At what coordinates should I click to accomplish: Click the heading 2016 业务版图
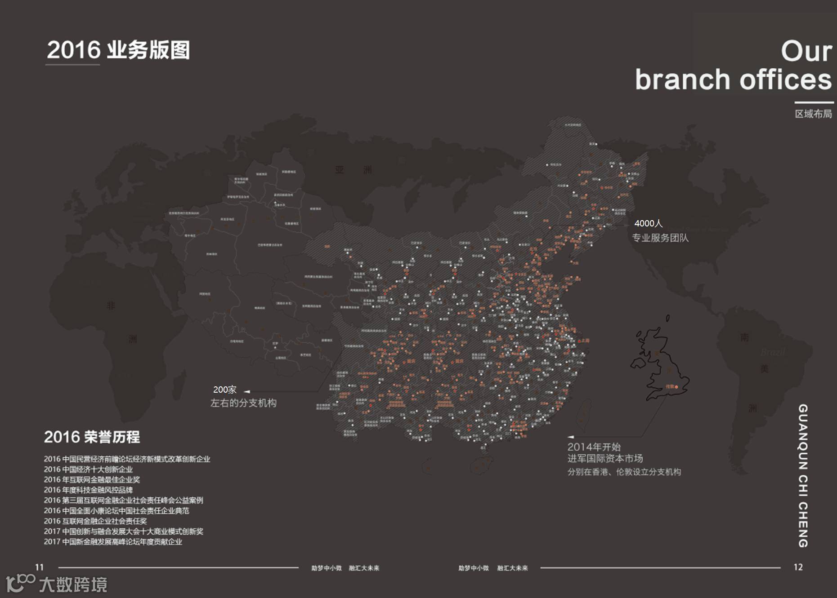[118, 50]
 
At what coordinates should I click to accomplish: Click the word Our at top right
[806, 51]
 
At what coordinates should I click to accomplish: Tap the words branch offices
[733, 80]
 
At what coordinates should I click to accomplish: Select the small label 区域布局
[813, 114]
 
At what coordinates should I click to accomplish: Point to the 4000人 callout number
[648, 223]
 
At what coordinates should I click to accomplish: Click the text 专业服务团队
[660, 238]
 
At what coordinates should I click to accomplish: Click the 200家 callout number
[224, 390]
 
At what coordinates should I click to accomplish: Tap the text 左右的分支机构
[243, 403]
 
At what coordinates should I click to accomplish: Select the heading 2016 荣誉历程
[92, 437]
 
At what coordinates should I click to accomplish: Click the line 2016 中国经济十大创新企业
[88, 470]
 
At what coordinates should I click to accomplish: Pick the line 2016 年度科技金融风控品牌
[88, 490]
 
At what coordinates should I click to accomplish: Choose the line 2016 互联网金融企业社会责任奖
[95, 521]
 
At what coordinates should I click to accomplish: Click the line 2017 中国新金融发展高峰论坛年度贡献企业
[113, 542]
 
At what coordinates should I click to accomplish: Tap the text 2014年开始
[594, 447]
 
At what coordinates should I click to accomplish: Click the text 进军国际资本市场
[605, 458]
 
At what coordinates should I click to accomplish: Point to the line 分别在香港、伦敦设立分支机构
[624, 472]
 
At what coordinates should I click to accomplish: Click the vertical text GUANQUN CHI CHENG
[803, 475]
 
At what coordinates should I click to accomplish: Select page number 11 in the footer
[40, 567]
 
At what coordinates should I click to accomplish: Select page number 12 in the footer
[798, 567]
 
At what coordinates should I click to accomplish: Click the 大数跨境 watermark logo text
[73, 585]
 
